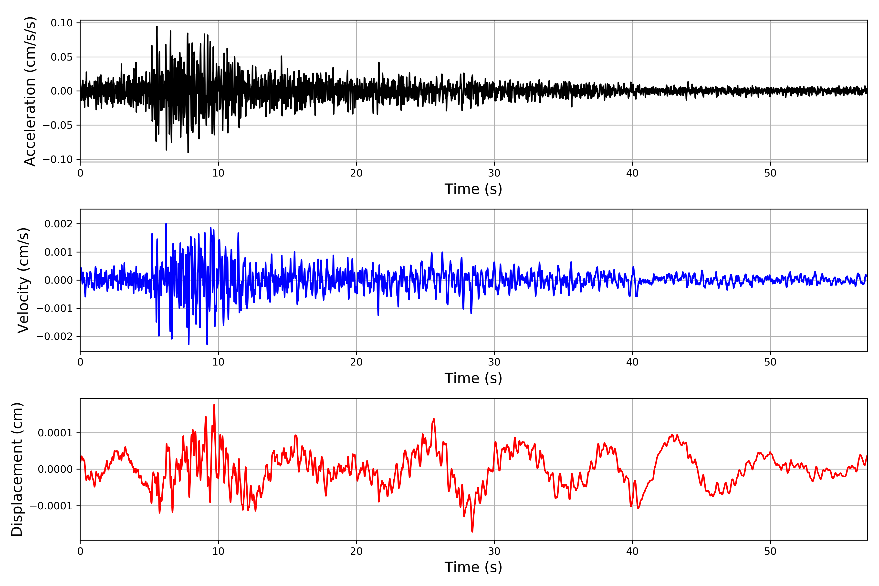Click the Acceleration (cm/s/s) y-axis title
30,91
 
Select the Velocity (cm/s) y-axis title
23,280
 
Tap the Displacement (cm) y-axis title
17,469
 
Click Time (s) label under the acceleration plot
473,189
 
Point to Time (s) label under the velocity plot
473,378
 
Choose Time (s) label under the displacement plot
473,567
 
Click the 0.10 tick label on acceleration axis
62,23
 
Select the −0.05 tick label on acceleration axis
58,125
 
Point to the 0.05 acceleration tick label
62,57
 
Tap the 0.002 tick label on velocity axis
58,224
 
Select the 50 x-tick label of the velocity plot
770,362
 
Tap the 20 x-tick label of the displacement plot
356,551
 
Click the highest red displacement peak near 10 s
214,405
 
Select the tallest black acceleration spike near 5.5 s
157,27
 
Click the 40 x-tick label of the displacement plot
632,551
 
